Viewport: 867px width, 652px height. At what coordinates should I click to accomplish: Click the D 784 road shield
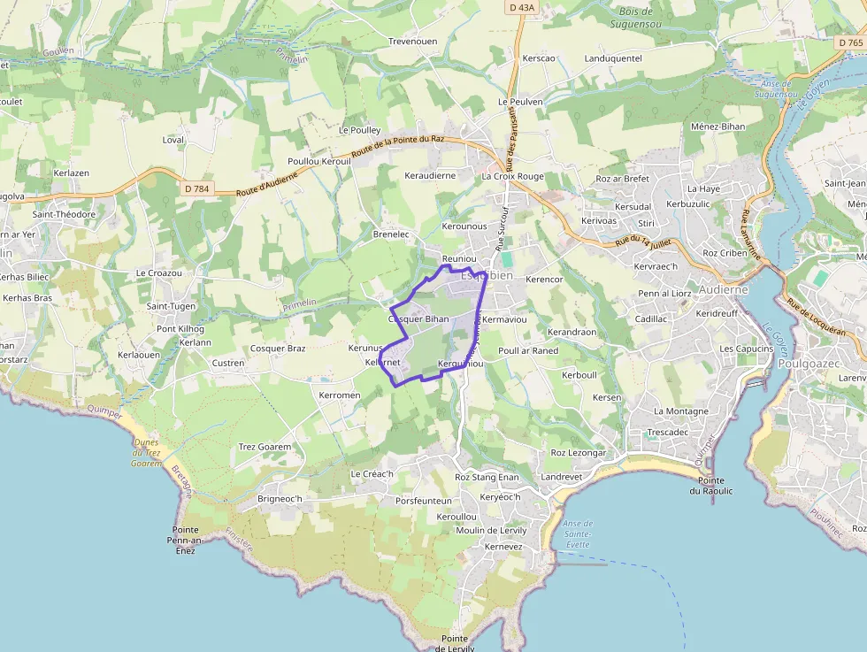(x=196, y=188)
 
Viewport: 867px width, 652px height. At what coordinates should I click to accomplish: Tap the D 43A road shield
(x=522, y=7)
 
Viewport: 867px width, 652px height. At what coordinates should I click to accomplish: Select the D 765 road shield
(x=849, y=42)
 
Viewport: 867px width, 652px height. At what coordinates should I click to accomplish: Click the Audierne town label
(x=723, y=289)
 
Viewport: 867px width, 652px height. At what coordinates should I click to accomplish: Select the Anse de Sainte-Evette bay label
(x=578, y=534)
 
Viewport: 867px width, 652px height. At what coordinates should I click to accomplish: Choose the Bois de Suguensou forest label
(x=635, y=18)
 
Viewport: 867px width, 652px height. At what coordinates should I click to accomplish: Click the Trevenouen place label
(x=412, y=42)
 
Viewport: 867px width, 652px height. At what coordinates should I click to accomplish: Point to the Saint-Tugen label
(x=171, y=306)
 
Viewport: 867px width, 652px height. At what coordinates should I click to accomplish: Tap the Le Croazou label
(x=159, y=273)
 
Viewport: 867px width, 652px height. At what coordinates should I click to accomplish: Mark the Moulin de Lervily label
(x=491, y=531)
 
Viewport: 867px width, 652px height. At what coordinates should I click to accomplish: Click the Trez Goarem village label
(x=265, y=447)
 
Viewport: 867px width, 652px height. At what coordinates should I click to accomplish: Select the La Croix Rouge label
(x=512, y=176)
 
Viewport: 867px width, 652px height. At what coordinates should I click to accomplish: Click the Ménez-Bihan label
(x=717, y=127)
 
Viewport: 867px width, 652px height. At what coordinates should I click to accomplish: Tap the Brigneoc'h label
(x=280, y=499)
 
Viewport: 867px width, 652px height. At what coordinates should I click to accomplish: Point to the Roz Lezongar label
(x=578, y=453)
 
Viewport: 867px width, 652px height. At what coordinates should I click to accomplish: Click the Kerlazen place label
(x=72, y=173)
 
